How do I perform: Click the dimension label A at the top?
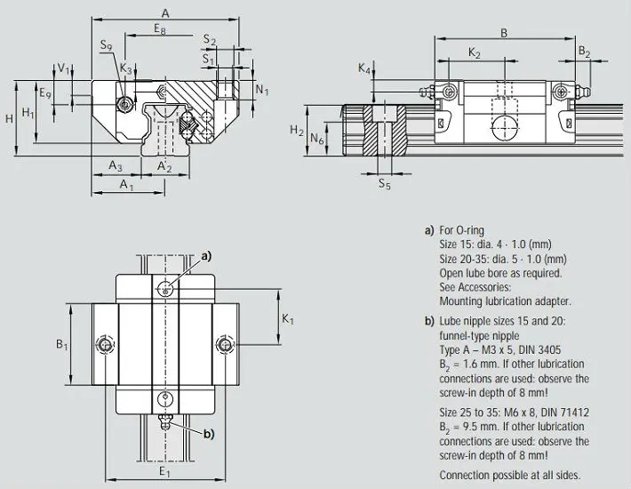[165, 13]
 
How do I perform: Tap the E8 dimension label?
[160, 29]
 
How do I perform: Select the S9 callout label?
[107, 45]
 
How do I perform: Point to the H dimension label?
[9, 119]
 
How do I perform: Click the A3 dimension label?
[116, 166]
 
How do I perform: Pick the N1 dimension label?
[262, 90]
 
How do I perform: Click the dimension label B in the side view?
[504, 33]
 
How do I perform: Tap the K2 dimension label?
[475, 52]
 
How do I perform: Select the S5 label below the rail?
[385, 184]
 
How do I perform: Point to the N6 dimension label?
[317, 139]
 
